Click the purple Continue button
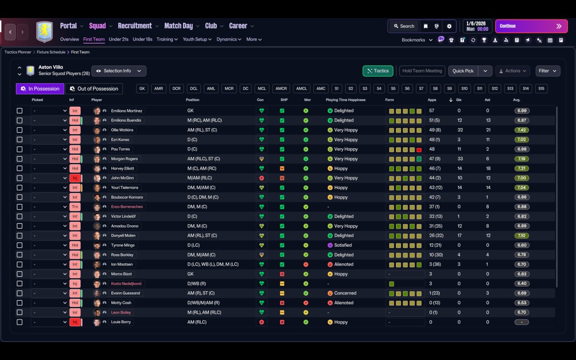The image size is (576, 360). click(x=531, y=26)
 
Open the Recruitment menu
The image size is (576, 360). click(x=135, y=26)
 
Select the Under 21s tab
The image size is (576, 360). click(x=118, y=39)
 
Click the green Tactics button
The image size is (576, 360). click(x=378, y=71)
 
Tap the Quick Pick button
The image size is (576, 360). click(x=463, y=71)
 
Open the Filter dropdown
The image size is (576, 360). click(x=548, y=71)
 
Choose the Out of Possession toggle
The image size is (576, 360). click(x=94, y=89)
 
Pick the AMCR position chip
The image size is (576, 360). click(x=281, y=89)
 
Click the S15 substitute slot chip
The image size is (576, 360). click(x=541, y=89)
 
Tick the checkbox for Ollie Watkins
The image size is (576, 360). click(x=19, y=130)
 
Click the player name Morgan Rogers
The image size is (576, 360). click(x=124, y=159)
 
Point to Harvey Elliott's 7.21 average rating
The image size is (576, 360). click(x=522, y=168)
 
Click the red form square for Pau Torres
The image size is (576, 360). click(x=419, y=150)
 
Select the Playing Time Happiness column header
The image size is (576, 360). click(x=345, y=100)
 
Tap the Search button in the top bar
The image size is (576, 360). click(x=404, y=26)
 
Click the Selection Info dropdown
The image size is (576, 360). click(x=119, y=71)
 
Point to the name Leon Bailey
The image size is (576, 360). click(x=121, y=312)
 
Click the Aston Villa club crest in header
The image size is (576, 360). click(x=45, y=31)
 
